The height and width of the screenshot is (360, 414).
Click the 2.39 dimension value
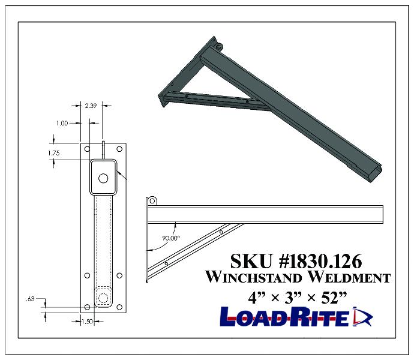91,105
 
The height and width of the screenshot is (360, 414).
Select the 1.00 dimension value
62,123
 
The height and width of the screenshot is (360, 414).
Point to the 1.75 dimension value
54,153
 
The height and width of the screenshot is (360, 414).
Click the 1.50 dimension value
88,322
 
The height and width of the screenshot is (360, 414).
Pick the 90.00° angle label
172,238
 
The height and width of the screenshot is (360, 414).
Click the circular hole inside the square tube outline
103,178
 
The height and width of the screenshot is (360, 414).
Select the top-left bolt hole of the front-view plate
88,148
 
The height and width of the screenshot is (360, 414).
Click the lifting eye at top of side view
152,200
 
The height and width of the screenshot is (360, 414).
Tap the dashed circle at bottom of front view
103,298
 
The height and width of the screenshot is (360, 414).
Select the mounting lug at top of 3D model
218,46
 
